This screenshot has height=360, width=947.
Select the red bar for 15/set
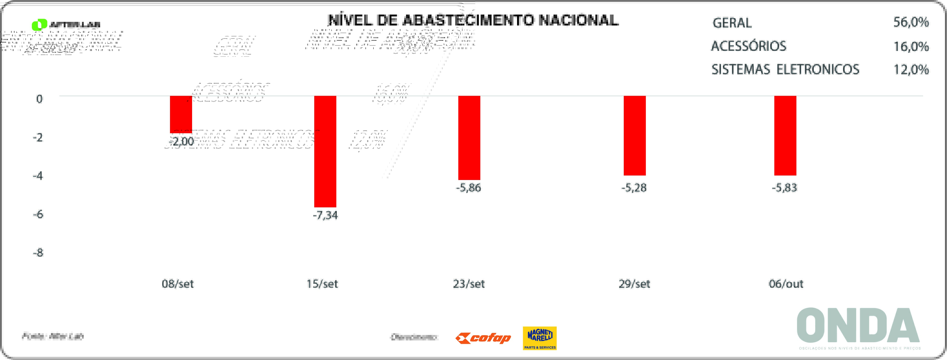[x=325, y=151]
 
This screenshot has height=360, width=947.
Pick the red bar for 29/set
[x=635, y=135]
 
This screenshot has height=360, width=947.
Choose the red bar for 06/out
[x=785, y=135]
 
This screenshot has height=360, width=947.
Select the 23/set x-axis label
[x=469, y=284]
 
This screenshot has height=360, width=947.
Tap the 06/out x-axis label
[x=786, y=284]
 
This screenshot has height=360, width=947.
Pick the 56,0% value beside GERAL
[x=911, y=23]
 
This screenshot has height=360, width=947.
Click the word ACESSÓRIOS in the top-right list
[x=749, y=46]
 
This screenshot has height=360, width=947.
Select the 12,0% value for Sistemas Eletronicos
[x=911, y=69]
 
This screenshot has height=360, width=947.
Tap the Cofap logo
[x=483, y=338]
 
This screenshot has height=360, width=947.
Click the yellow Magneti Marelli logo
[x=540, y=338]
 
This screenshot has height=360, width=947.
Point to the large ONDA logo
[x=858, y=325]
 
